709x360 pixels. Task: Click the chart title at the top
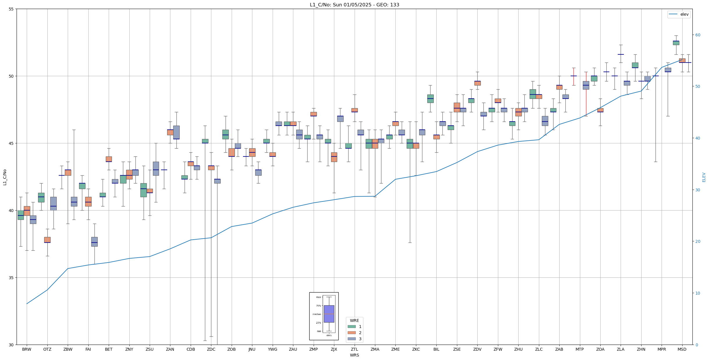[x=354, y=5]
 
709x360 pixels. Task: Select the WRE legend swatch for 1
[x=351, y=327]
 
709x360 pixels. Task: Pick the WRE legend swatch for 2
[x=351, y=333]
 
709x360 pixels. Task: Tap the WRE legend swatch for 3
[x=351, y=339]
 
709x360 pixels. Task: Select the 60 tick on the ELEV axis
[x=698, y=35]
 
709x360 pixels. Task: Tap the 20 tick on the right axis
[x=698, y=241]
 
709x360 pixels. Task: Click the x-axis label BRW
[x=27, y=349]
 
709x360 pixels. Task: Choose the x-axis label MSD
[x=682, y=349]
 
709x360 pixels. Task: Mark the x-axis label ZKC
[x=416, y=349]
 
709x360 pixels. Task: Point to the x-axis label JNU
[x=252, y=349]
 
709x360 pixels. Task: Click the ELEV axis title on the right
[x=704, y=177]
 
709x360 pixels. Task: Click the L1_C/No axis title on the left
[x=5, y=177]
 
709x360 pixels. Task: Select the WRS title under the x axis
[x=354, y=355]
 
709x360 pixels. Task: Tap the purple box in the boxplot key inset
[x=329, y=314]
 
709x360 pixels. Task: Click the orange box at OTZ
[x=47, y=240]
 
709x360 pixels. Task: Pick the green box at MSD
[x=676, y=43]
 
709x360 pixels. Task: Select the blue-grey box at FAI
[x=94, y=242]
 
